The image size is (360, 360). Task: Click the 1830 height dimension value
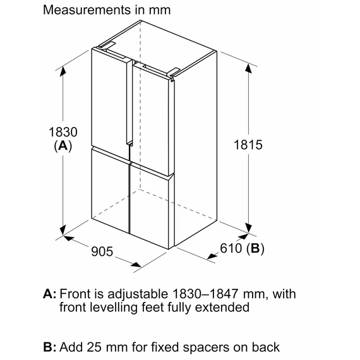pyautogui.click(x=63, y=132)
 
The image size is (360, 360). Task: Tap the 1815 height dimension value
pyautogui.click(x=248, y=145)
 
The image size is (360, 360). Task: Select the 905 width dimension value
pyautogui.click(x=102, y=251)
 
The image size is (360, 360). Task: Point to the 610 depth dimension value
pyautogui.click(x=231, y=248)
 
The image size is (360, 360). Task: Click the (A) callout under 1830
pyautogui.click(x=63, y=145)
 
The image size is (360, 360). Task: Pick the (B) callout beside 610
pyautogui.click(x=255, y=248)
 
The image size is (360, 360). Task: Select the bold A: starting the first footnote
pyautogui.click(x=50, y=294)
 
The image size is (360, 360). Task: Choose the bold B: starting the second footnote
pyautogui.click(x=50, y=347)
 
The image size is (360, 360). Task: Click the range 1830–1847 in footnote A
pyautogui.click(x=205, y=294)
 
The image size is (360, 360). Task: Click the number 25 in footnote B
pyautogui.click(x=93, y=347)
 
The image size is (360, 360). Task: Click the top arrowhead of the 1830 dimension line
pyautogui.click(x=63, y=71)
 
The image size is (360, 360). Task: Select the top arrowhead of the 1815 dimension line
pyautogui.click(x=248, y=68)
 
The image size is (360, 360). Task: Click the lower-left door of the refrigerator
pyautogui.click(x=111, y=190)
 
